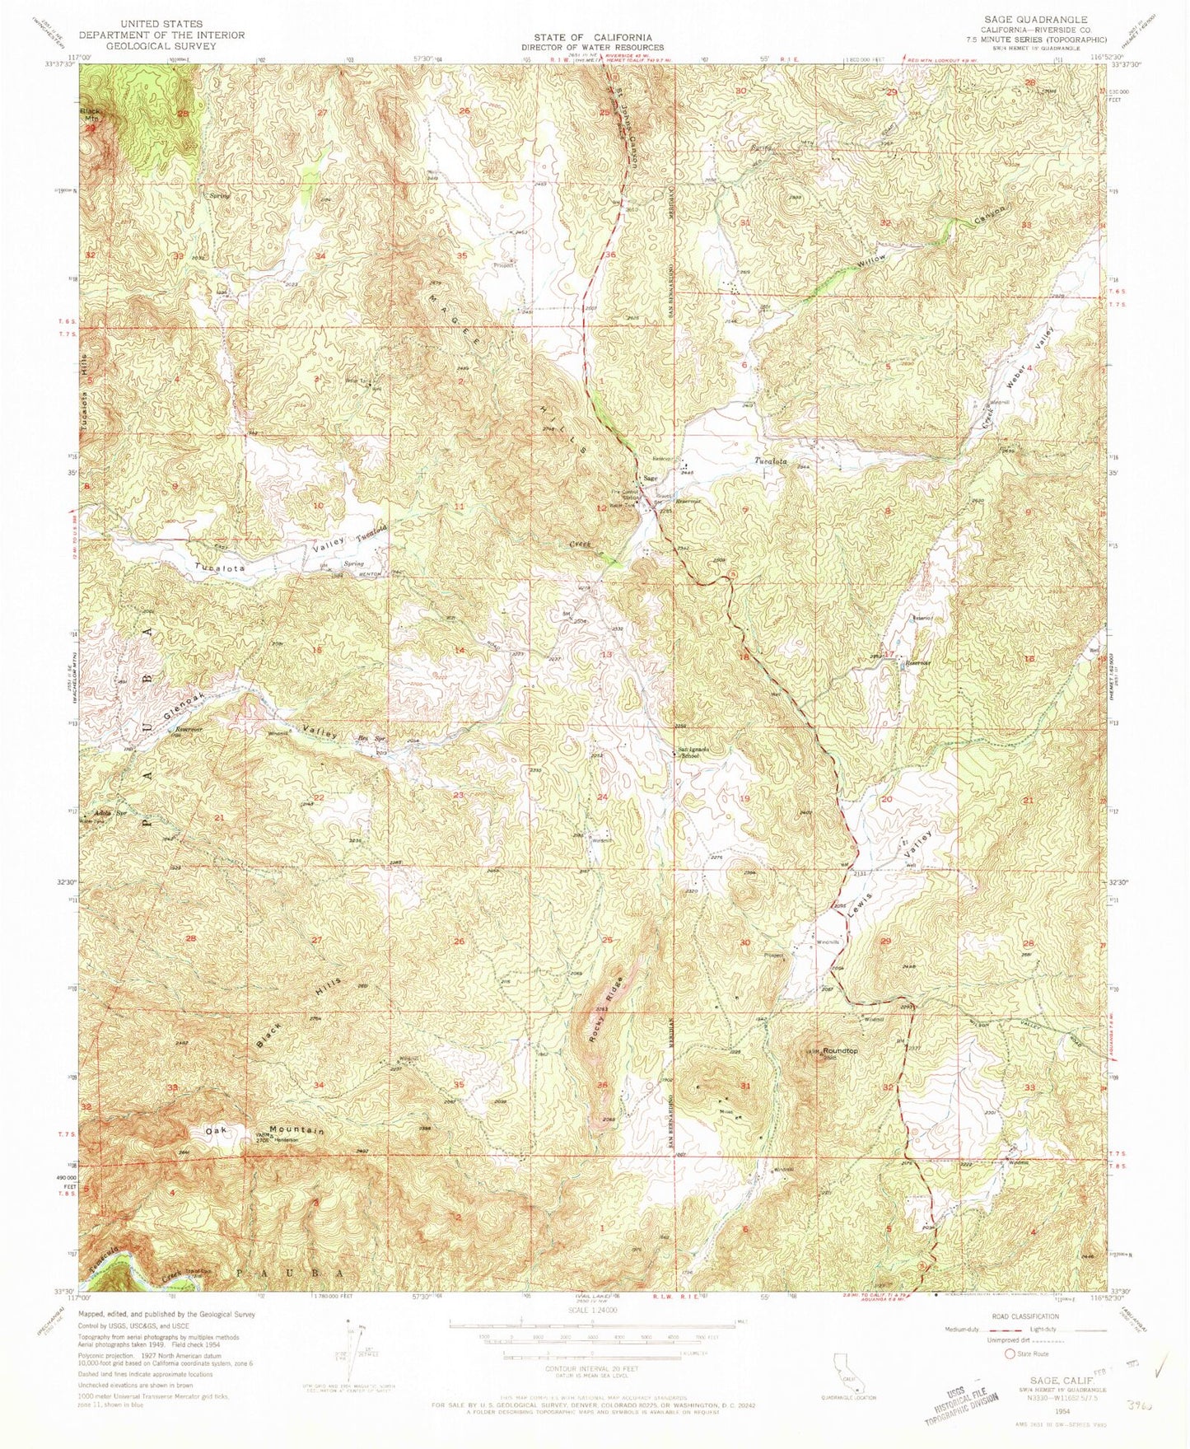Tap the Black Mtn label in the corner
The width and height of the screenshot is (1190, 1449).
click(90, 115)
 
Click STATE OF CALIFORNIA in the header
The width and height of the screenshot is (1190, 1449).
click(592, 37)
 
